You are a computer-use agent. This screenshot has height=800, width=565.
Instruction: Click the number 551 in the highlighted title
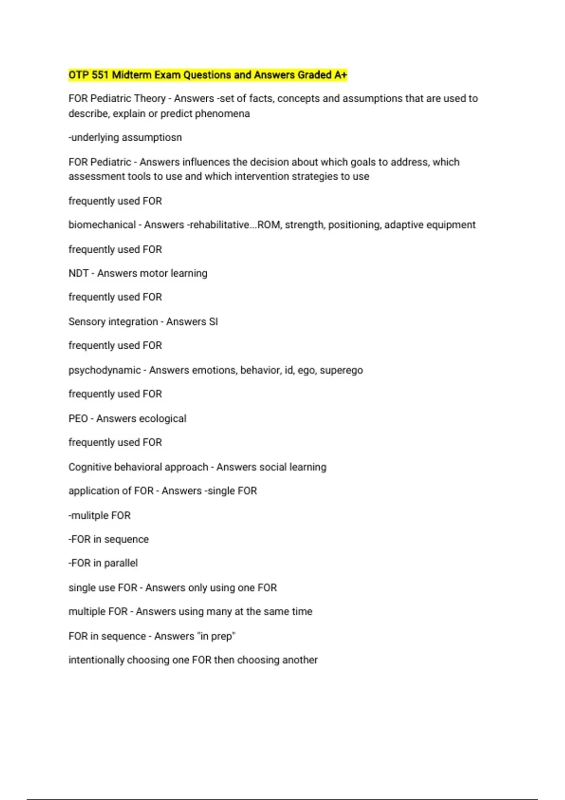[x=101, y=75]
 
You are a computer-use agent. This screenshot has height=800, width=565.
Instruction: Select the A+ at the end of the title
[x=340, y=75]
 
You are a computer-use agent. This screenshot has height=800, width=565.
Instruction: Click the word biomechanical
[x=102, y=225]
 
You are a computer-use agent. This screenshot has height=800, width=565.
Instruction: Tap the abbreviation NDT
[x=78, y=273]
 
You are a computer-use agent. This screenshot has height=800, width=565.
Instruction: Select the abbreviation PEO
[x=78, y=419]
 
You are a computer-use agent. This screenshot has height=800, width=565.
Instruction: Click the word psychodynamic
[x=105, y=370]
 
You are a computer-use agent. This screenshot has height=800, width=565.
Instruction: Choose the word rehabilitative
[x=219, y=225]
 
